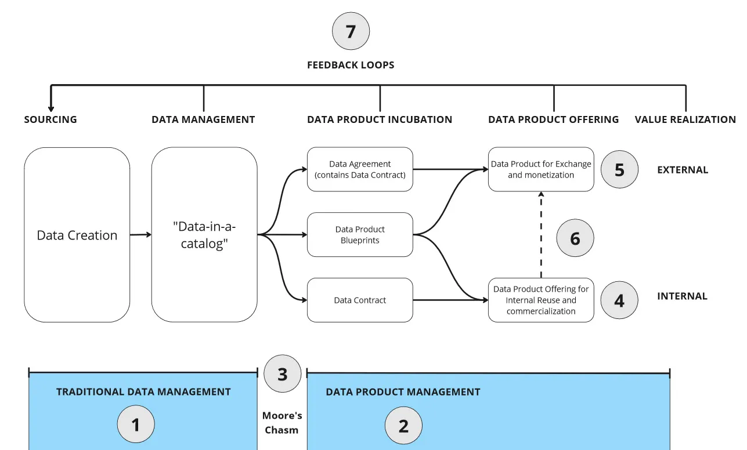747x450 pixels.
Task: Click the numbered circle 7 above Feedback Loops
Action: pyautogui.click(x=351, y=31)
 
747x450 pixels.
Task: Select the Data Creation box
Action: pyautogui.click(x=77, y=235)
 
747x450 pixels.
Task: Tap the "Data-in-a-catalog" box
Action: pyautogui.click(x=204, y=235)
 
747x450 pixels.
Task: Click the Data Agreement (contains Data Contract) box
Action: pyautogui.click(x=360, y=169)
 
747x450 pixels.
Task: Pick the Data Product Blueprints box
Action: pyautogui.click(x=360, y=235)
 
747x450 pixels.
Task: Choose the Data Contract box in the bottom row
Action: pyautogui.click(x=360, y=300)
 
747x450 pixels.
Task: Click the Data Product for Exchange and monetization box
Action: pyautogui.click(x=541, y=169)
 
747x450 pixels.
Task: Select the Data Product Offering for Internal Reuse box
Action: pyautogui.click(x=541, y=300)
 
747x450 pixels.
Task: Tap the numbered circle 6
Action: pyautogui.click(x=575, y=238)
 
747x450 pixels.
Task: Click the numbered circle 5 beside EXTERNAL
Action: pyautogui.click(x=619, y=170)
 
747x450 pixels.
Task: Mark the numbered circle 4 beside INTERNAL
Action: pyautogui.click(x=619, y=301)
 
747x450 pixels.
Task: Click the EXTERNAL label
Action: pyautogui.click(x=683, y=170)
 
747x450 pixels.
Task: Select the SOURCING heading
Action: pyautogui.click(x=50, y=119)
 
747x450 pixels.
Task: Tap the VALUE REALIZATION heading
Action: pyautogui.click(x=685, y=119)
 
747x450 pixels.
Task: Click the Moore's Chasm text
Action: pyautogui.click(x=282, y=423)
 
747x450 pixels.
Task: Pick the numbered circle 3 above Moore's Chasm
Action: pyautogui.click(x=282, y=374)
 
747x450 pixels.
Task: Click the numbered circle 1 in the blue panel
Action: pyautogui.click(x=136, y=425)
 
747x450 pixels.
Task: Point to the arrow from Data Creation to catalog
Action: pyautogui.click(x=140, y=234)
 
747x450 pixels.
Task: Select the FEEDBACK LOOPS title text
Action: pyautogui.click(x=351, y=65)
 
